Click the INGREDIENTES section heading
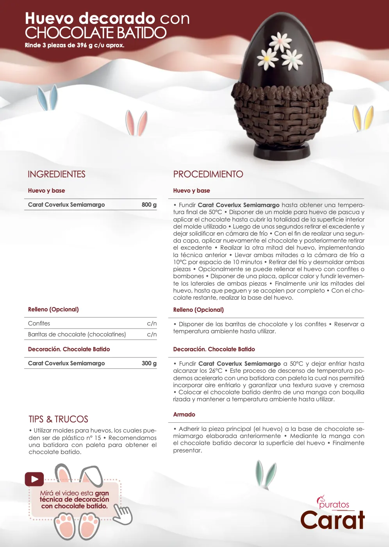point(57,174)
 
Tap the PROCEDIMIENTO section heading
point(208,174)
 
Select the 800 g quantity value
point(149,205)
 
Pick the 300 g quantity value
point(149,363)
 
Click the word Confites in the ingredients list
point(39,324)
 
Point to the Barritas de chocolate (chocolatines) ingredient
point(77,334)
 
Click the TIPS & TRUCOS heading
point(59,419)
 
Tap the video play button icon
point(34,479)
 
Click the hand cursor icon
point(123,514)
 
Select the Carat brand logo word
point(332,520)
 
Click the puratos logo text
point(334,504)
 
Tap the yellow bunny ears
point(363,118)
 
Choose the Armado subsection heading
point(184,415)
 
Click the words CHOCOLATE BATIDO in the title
point(96,33)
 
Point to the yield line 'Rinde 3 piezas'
point(75,45)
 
